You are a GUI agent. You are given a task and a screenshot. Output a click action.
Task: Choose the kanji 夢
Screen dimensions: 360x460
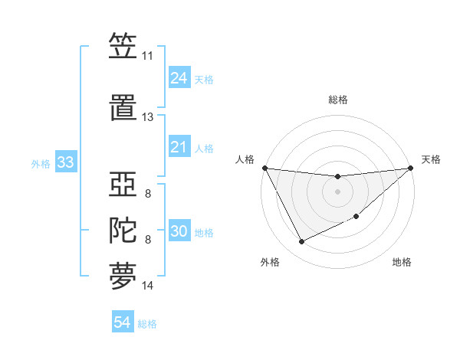(123, 277)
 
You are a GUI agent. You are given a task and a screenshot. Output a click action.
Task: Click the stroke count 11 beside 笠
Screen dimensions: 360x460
(147, 56)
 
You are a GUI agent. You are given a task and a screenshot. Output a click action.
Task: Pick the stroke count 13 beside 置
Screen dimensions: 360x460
(147, 117)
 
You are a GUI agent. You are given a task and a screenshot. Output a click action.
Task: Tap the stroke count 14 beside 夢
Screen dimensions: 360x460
(147, 286)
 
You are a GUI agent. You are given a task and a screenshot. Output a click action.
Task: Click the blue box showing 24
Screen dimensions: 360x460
(179, 78)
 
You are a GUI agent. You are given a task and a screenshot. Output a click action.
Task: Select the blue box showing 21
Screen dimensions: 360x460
(179, 147)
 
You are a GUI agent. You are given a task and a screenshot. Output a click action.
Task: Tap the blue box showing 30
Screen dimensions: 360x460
(179, 232)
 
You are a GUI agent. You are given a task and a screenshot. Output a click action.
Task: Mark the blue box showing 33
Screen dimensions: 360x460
(65, 162)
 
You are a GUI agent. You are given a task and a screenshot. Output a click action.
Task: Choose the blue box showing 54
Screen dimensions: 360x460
(122, 322)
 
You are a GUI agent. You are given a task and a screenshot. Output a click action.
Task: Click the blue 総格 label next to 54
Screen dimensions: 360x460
(147, 324)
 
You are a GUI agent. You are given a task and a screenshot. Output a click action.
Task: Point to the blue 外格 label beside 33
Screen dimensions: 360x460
(41, 163)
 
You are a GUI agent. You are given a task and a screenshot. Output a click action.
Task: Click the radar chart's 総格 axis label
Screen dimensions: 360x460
(337, 100)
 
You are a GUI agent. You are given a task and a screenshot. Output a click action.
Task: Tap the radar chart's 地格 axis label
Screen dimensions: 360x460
(402, 262)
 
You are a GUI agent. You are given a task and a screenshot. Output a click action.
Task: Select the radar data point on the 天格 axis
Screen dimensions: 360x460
(411, 168)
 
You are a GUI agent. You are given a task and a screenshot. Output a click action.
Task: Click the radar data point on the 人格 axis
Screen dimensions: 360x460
(264, 168)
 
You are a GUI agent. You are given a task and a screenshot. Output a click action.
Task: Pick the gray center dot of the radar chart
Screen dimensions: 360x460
(337, 191)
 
